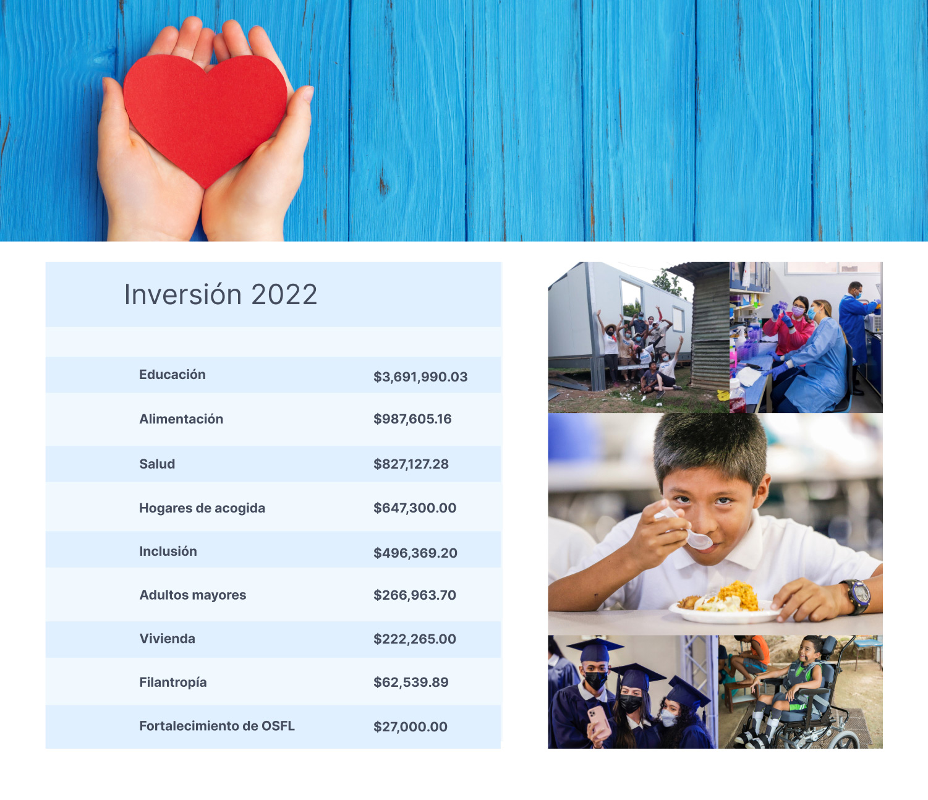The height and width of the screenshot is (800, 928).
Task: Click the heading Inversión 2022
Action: click(221, 295)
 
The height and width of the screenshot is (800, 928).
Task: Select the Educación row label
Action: click(172, 375)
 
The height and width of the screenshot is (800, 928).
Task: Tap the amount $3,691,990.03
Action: click(420, 377)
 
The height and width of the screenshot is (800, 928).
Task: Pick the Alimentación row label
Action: click(181, 419)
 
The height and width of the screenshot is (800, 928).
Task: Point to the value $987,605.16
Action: click(412, 419)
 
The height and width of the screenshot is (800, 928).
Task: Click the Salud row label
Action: click(157, 464)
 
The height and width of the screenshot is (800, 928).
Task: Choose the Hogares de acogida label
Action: click(202, 508)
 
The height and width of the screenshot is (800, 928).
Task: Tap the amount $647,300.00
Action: click(415, 508)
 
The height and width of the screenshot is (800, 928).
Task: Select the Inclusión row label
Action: click(168, 551)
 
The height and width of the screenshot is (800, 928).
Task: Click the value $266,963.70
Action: click(415, 595)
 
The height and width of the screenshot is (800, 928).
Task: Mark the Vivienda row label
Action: click(167, 639)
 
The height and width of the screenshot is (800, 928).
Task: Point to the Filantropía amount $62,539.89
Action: click(411, 682)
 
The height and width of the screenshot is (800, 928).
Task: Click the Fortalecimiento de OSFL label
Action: click(217, 726)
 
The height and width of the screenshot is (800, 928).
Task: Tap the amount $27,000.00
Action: click(411, 726)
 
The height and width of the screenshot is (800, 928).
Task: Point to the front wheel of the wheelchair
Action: click(843, 740)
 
